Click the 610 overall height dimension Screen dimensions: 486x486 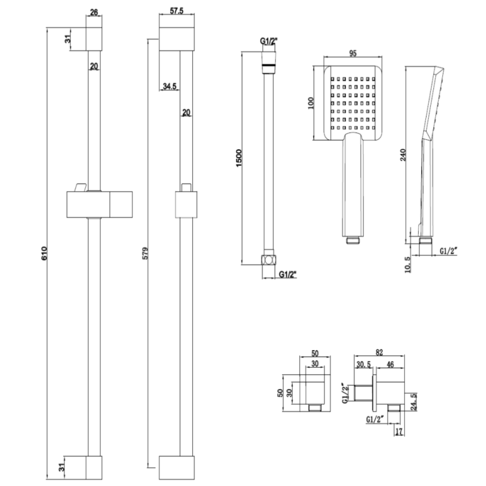(44, 254)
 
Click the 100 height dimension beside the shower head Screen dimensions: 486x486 (310, 103)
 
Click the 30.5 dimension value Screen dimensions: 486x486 (363, 364)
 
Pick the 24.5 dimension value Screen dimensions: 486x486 (414, 402)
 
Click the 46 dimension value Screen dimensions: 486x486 (389, 364)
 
